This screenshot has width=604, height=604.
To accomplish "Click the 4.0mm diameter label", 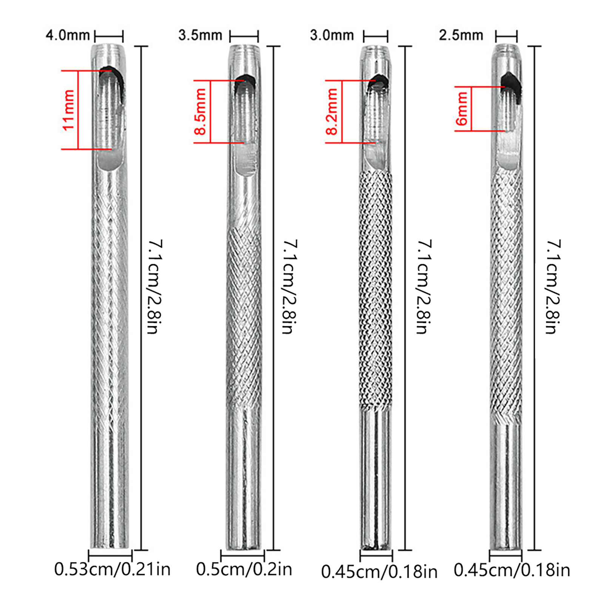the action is [68, 35].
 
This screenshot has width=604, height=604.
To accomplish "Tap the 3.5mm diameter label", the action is [200, 35].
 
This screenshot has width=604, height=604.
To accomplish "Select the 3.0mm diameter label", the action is [332, 35].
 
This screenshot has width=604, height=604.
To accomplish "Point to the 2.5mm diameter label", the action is [461, 35].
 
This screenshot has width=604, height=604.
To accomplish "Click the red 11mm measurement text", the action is [68, 110].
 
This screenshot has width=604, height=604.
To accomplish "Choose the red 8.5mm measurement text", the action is [200, 112].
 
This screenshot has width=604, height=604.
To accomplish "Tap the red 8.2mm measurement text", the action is [332, 112].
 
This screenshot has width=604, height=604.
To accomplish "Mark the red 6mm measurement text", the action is [462, 109].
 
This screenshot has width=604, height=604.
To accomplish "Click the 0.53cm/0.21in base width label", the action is [112, 569].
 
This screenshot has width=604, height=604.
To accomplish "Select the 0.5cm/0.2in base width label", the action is [244, 569].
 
